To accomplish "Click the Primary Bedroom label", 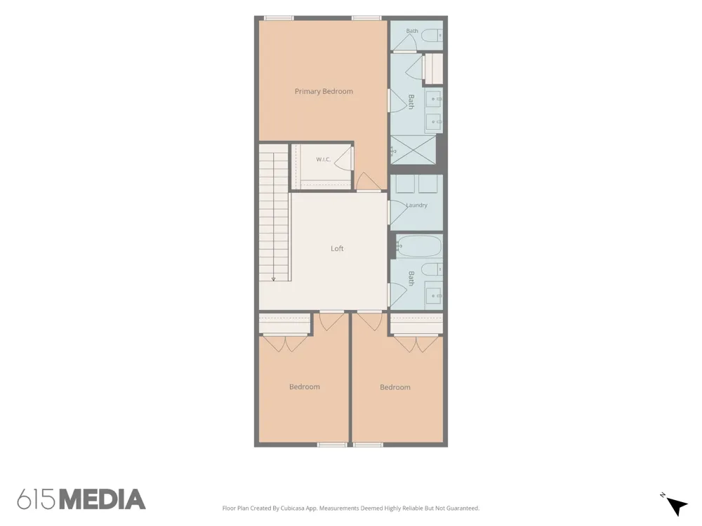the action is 324,91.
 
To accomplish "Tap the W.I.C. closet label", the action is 323,159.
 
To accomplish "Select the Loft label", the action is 337,249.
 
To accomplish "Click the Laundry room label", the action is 417,205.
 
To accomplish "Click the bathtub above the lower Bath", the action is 418,246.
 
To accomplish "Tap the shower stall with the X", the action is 413,151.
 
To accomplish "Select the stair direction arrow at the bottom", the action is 274,279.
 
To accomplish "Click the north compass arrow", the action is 677,506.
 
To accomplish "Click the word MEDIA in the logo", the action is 102,499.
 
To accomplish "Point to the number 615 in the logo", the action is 37,499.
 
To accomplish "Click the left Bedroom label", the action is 305,387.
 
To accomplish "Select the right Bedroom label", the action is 395,387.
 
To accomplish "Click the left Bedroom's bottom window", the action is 332,445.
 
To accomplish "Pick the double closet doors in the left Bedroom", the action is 285,343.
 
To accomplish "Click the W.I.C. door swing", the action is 343,159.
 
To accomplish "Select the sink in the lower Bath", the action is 433,296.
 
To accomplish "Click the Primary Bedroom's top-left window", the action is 279,18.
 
